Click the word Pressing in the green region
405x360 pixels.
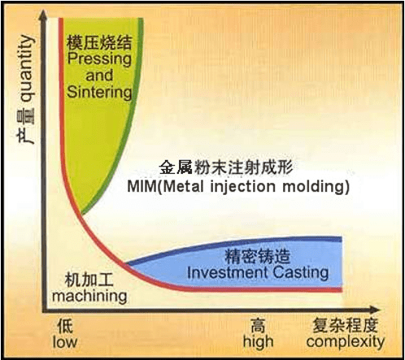coord(99,59)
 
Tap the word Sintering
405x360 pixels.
coord(99,92)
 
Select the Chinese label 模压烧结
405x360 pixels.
coord(99,42)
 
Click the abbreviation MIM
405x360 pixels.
coord(142,187)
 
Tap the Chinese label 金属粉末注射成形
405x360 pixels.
coord(225,167)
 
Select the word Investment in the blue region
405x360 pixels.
coord(228,272)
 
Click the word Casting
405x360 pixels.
coord(301,273)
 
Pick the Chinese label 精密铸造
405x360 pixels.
coord(257,256)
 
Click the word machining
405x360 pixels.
coord(89,296)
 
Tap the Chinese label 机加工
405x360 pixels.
coord(89,280)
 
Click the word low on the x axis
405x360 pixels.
coord(65,342)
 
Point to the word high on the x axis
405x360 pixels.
coord(258,342)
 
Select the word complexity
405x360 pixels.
coord(346,342)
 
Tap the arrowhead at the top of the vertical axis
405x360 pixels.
coord(43,14)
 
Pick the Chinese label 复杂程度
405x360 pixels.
coord(346,326)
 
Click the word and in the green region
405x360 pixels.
coord(99,76)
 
